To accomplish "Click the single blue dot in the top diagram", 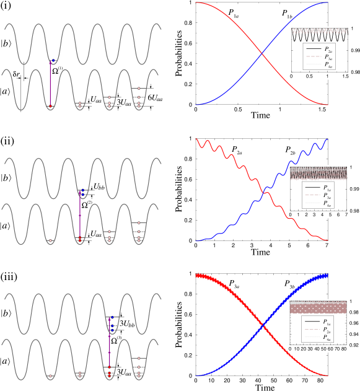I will [x=54, y=60].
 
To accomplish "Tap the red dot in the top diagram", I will [x=51, y=107].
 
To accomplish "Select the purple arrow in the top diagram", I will [x=51, y=84].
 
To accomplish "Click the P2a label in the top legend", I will [x=328, y=49].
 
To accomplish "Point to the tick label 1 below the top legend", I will [x=327, y=76].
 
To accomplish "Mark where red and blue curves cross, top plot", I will [x=263, y=55].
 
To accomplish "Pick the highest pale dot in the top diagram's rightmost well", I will [x=139, y=88].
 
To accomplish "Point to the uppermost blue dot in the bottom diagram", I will [x=112, y=317].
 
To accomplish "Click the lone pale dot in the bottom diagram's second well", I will [x=51, y=376].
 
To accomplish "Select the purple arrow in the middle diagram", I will [x=80, y=216].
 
